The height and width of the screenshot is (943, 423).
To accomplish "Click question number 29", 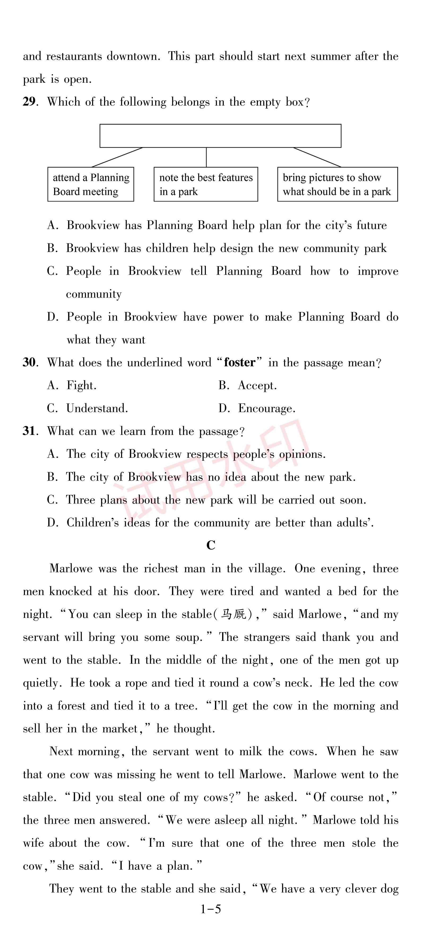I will coord(29,102).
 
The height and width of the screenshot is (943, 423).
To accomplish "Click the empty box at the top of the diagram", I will coord(220,136).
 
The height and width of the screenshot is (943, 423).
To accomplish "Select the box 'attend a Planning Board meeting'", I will coord(90,185).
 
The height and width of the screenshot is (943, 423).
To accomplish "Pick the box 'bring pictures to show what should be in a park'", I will coord(337,185).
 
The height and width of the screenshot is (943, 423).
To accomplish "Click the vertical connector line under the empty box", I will coord(206,157).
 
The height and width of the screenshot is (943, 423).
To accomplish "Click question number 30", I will coord(29,362).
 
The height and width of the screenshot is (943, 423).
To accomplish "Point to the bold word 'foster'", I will coord(240,362).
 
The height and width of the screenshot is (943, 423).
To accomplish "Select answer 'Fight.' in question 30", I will coord(81,385).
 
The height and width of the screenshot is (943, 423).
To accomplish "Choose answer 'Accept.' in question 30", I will coord(257,385).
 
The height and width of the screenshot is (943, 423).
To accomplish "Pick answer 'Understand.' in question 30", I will coord(97,408).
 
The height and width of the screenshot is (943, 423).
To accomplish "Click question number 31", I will coord(29,431).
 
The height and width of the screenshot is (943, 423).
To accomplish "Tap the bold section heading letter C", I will coord(211,545).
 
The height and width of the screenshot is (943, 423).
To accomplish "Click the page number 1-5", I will coord(211,909).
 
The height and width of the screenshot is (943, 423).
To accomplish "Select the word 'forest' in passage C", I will coord(71,706).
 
